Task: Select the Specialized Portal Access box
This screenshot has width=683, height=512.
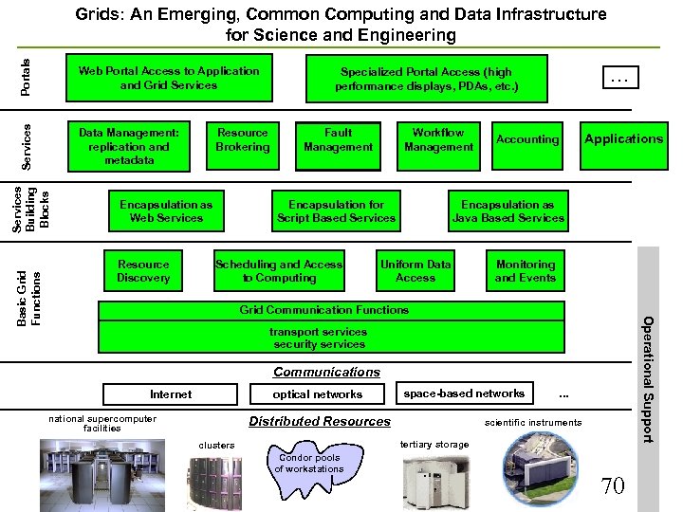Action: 426,79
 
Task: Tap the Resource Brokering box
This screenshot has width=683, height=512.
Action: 243,140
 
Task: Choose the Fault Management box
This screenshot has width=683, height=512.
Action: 338,140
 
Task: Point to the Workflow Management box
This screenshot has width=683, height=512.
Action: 438,140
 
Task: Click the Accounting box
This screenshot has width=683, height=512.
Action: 527,140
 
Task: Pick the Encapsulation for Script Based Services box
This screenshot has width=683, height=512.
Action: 336,211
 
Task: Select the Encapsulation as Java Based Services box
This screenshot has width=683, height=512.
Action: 508,211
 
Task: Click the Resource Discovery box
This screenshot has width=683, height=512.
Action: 143,271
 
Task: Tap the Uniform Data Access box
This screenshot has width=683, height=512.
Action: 415,271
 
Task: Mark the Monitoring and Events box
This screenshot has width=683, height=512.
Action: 526,271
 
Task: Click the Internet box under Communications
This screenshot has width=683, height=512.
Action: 171,394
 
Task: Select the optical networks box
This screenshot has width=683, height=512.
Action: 317,394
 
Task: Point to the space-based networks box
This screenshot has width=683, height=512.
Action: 464,393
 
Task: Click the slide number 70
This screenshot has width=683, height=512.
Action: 613,486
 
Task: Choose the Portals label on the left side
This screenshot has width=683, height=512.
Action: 26,77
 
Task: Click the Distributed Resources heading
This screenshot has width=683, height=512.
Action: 319,421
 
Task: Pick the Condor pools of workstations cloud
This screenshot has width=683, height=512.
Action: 309,464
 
